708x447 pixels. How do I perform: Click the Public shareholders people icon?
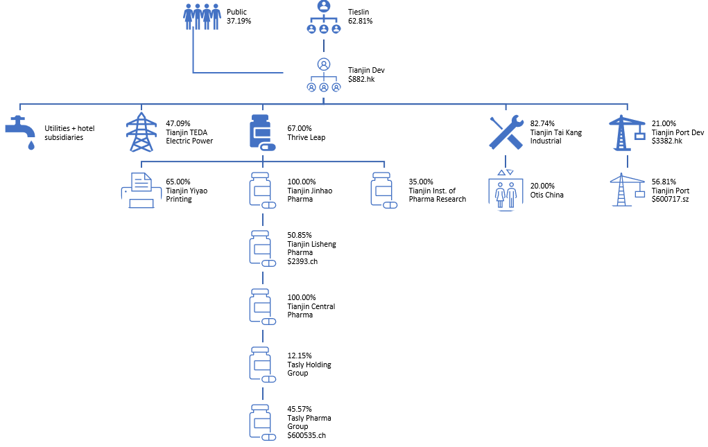point(202,17)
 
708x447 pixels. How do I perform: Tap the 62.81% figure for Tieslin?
point(360,21)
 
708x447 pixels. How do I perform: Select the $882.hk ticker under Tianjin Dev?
point(361,80)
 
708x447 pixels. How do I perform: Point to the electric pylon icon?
point(141,132)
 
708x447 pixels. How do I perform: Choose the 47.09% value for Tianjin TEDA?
point(178,124)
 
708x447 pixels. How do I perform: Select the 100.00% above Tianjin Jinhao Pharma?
point(302,182)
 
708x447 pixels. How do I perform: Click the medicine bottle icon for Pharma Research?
point(385,191)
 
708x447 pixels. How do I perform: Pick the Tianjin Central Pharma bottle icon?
point(263,307)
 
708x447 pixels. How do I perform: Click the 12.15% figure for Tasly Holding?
point(299,356)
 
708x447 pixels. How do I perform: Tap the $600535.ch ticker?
point(306,436)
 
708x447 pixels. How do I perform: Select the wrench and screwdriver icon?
point(506,132)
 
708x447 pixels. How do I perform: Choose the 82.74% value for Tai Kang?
point(542,124)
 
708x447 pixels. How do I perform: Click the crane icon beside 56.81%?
point(627,191)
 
